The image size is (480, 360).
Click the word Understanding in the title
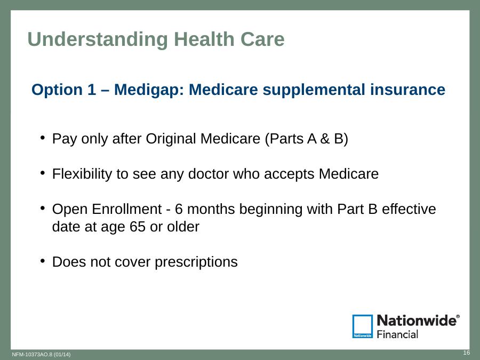pos(98,40)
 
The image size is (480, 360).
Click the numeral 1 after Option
pos(92,90)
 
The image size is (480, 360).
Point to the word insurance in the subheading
pos(407,90)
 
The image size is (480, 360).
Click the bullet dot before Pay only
pos(43,137)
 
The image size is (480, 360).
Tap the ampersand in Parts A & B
pos(325,139)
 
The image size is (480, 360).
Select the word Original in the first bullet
pos(171,139)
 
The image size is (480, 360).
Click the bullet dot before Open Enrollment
pos(43,208)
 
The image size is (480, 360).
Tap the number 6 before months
pos(179,210)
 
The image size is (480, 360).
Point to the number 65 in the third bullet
pos(138,227)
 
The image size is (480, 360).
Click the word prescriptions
pos(196,262)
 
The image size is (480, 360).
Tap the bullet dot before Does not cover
pos(43,261)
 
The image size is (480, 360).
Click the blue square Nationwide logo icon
pos(363,326)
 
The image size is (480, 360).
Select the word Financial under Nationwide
pos(397,334)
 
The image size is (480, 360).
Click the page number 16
pos(466,353)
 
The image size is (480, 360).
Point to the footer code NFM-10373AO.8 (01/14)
pos(41,355)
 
